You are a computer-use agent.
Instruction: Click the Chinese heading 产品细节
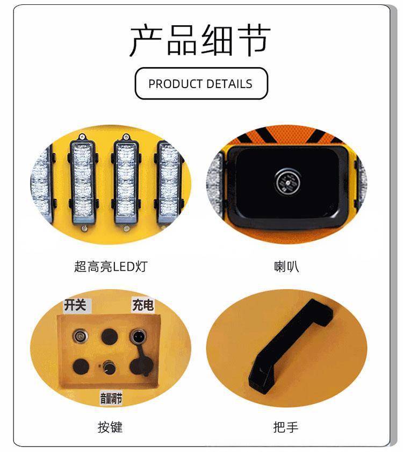click(200, 40)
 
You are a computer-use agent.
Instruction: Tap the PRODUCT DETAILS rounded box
click(201, 84)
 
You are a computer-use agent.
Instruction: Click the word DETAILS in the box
click(229, 84)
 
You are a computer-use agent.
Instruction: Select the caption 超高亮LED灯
click(111, 267)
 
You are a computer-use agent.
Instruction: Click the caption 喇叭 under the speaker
click(286, 267)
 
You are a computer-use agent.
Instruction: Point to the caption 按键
click(110, 427)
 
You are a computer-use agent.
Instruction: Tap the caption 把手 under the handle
click(286, 427)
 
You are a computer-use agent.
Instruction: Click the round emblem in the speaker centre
click(288, 182)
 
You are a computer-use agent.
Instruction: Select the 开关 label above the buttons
click(76, 305)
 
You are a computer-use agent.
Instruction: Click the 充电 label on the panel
click(143, 305)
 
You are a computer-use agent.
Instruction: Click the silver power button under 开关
click(80, 336)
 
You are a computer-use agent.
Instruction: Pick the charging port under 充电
click(138, 336)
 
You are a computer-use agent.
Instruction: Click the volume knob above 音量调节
click(109, 367)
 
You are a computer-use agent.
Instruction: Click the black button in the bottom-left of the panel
click(81, 367)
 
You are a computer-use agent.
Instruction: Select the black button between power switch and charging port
click(109, 336)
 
